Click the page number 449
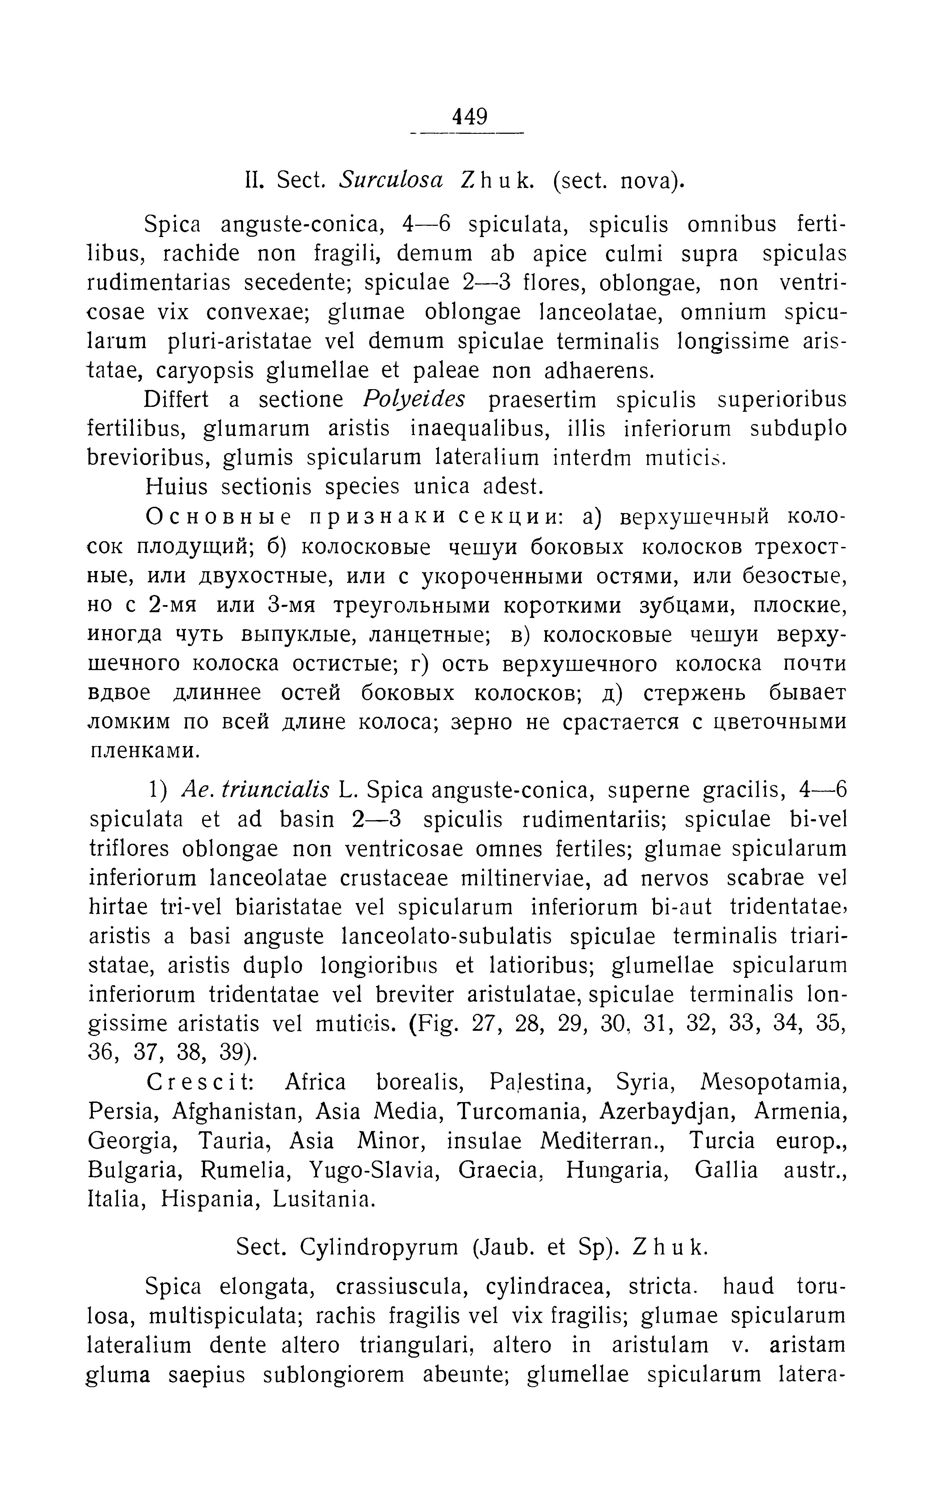click(x=470, y=116)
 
